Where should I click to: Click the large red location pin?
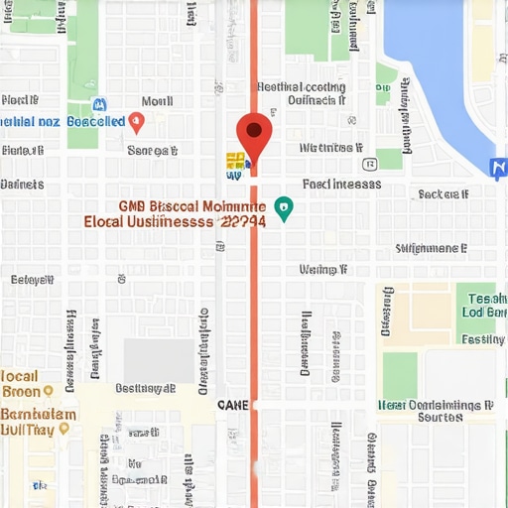pyautogui.click(x=254, y=133)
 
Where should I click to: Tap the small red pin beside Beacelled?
pyautogui.click(x=137, y=122)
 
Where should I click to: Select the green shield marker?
pyautogui.click(x=284, y=208)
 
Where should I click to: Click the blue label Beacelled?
pyautogui.click(x=96, y=121)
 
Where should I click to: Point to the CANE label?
pyautogui.click(x=232, y=405)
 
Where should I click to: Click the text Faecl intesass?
pyautogui.click(x=341, y=184)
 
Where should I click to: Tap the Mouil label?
pyautogui.click(x=157, y=101)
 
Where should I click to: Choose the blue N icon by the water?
pyautogui.click(x=499, y=168)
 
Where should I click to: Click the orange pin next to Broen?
pyautogui.click(x=49, y=392)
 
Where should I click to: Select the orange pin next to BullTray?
pyautogui.click(x=64, y=429)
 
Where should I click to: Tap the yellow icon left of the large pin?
pyautogui.click(x=235, y=161)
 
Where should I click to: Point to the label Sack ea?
pyautogui.click(x=444, y=194)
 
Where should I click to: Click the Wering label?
pyautogui.click(x=323, y=269)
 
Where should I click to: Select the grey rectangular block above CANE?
pyautogui.click(x=159, y=360)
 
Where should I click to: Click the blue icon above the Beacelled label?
pyautogui.click(x=98, y=104)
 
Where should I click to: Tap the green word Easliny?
pyautogui.click(x=483, y=339)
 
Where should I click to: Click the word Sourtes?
pyautogui.click(x=440, y=418)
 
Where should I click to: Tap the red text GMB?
pyautogui.click(x=133, y=206)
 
